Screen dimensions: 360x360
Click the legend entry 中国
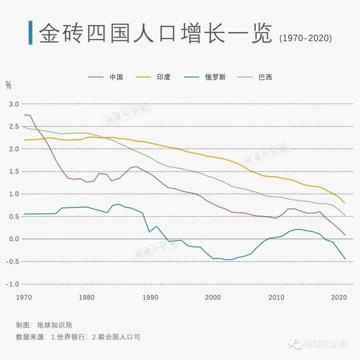[x=116, y=77]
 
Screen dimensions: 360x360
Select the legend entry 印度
[x=164, y=77]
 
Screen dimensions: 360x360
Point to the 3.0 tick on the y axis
[x=13, y=104]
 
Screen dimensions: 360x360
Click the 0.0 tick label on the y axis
[x=13, y=239]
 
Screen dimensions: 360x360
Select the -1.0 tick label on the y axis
[x=12, y=284]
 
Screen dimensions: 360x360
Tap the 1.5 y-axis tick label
[x=13, y=171]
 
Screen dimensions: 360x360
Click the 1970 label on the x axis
[x=24, y=298]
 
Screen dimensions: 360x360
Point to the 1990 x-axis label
[x=150, y=298]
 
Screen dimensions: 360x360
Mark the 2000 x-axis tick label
[x=213, y=298]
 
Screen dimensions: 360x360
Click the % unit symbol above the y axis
[x=8, y=85]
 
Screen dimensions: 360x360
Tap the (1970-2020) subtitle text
[x=305, y=39]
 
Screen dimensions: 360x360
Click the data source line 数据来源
[x=78, y=337]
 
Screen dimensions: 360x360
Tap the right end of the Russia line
[x=345, y=259]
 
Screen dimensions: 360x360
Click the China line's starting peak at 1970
[x=25, y=115]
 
